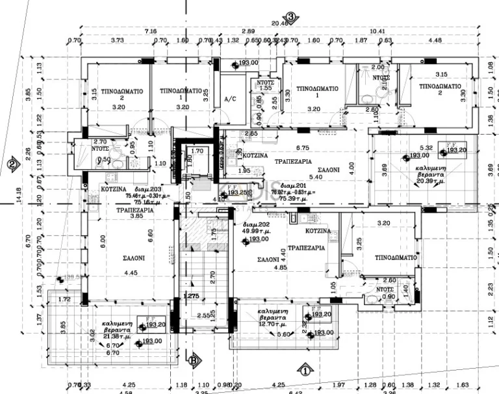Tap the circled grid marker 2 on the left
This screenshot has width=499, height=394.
coord(12,164)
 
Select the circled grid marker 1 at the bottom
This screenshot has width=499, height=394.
coord(304,371)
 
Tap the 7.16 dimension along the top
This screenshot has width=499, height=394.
coord(151,31)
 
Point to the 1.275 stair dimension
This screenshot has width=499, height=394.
coord(190,296)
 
